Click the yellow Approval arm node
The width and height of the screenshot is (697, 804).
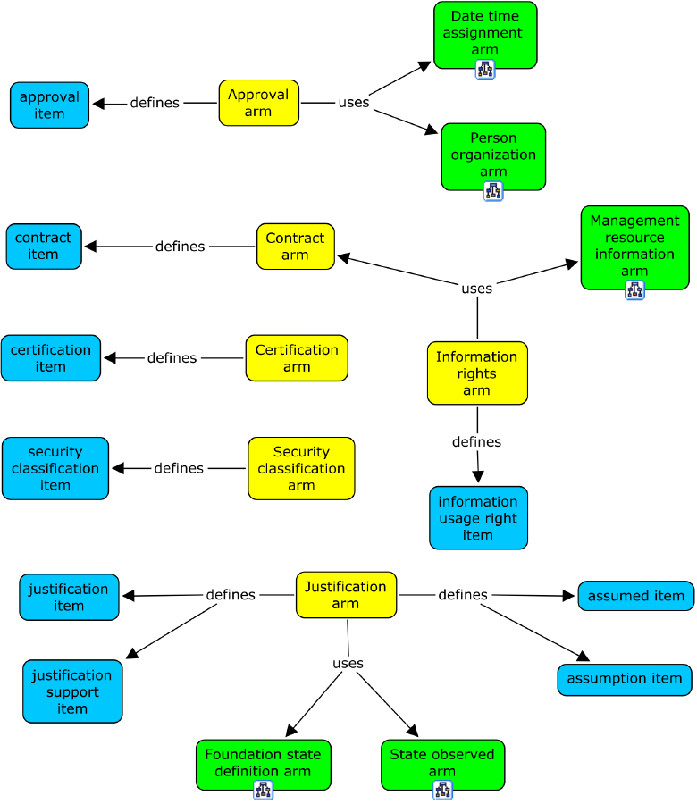[x=258, y=103]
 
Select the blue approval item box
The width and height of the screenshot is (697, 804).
[x=50, y=105]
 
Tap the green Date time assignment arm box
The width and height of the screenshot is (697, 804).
[x=485, y=34]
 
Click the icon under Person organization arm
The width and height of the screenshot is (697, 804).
[x=493, y=190]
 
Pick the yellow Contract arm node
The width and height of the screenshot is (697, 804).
[x=295, y=247]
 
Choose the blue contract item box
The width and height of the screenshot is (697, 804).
[x=44, y=247]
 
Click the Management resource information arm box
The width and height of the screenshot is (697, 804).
[x=634, y=246]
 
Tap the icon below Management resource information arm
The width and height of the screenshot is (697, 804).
[x=634, y=289]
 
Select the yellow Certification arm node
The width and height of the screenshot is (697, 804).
[x=297, y=358]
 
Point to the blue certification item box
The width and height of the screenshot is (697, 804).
[x=51, y=358]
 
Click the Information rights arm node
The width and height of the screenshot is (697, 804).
[x=477, y=373]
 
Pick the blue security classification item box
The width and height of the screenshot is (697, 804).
[x=55, y=468]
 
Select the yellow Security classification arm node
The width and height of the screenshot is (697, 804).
[x=301, y=468]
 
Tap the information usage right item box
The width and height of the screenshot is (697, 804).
[x=478, y=518]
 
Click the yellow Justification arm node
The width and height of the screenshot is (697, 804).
[x=346, y=595]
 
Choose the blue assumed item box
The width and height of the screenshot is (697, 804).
[x=635, y=596]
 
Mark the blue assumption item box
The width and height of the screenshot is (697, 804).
[x=625, y=679]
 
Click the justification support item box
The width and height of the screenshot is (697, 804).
[x=72, y=691]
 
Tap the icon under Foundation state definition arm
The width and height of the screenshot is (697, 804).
[x=263, y=790]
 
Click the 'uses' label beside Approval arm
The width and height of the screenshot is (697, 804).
[x=353, y=103]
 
